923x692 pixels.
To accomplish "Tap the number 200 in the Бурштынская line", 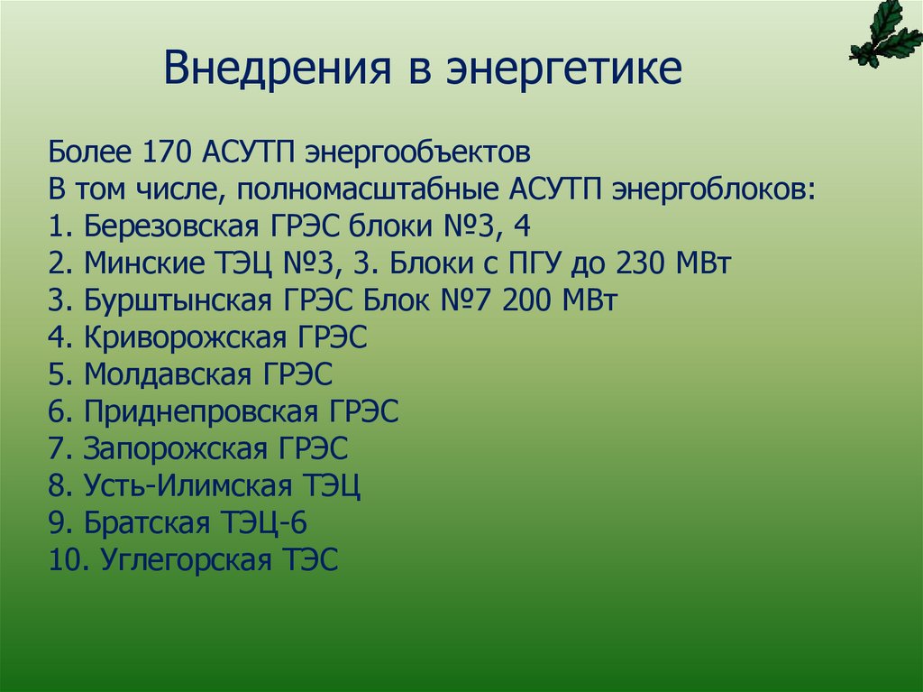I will click(533, 301).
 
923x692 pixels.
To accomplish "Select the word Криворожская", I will click(187, 338).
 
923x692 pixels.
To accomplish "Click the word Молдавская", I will click(170, 375).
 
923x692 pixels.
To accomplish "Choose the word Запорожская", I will click(177, 449).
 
